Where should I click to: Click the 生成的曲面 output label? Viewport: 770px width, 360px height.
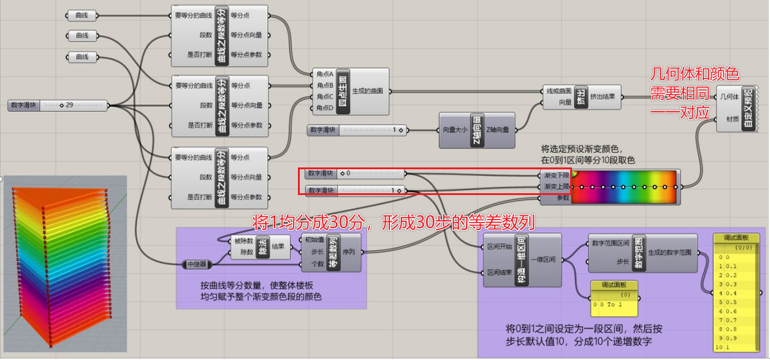[x=368, y=91]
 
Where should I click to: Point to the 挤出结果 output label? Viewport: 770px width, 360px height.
[x=604, y=96]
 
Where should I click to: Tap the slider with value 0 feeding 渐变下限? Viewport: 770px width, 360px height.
[x=355, y=174]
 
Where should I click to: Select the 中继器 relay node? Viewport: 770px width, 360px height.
[x=198, y=265]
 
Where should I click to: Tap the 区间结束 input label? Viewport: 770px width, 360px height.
[x=497, y=272]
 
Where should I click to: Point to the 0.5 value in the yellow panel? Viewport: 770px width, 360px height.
[x=728, y=302]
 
